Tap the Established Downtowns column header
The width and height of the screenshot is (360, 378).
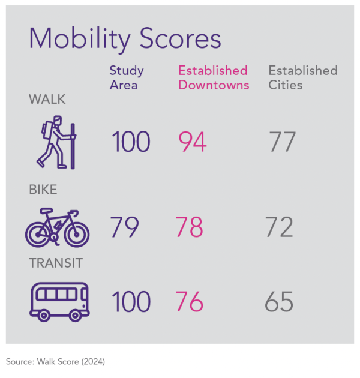[x=213, y=77]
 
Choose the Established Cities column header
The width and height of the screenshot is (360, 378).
[x=302, y=77]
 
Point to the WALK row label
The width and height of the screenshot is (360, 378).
[x=47, y=100]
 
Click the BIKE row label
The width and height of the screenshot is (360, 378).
[x=43, y=190]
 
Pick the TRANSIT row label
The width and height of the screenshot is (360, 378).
[x=56, y=263]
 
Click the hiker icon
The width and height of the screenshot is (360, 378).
[x=57, y=144]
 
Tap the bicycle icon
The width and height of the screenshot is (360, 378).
[x=57, y=228]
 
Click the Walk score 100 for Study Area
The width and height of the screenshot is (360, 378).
[x=131, y=142]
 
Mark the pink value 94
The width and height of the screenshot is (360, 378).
[x=193, y=142]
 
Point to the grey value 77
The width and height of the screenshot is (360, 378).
[x=282, y=142]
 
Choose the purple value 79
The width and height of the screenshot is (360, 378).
[x=125, y=227]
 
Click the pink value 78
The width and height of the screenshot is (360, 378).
[x=190, y=227]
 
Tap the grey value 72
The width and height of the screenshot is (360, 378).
[x=280, y=227]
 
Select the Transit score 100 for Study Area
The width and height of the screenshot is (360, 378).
[x=131, y=302]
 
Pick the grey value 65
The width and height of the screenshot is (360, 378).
[x=280, y=302]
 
